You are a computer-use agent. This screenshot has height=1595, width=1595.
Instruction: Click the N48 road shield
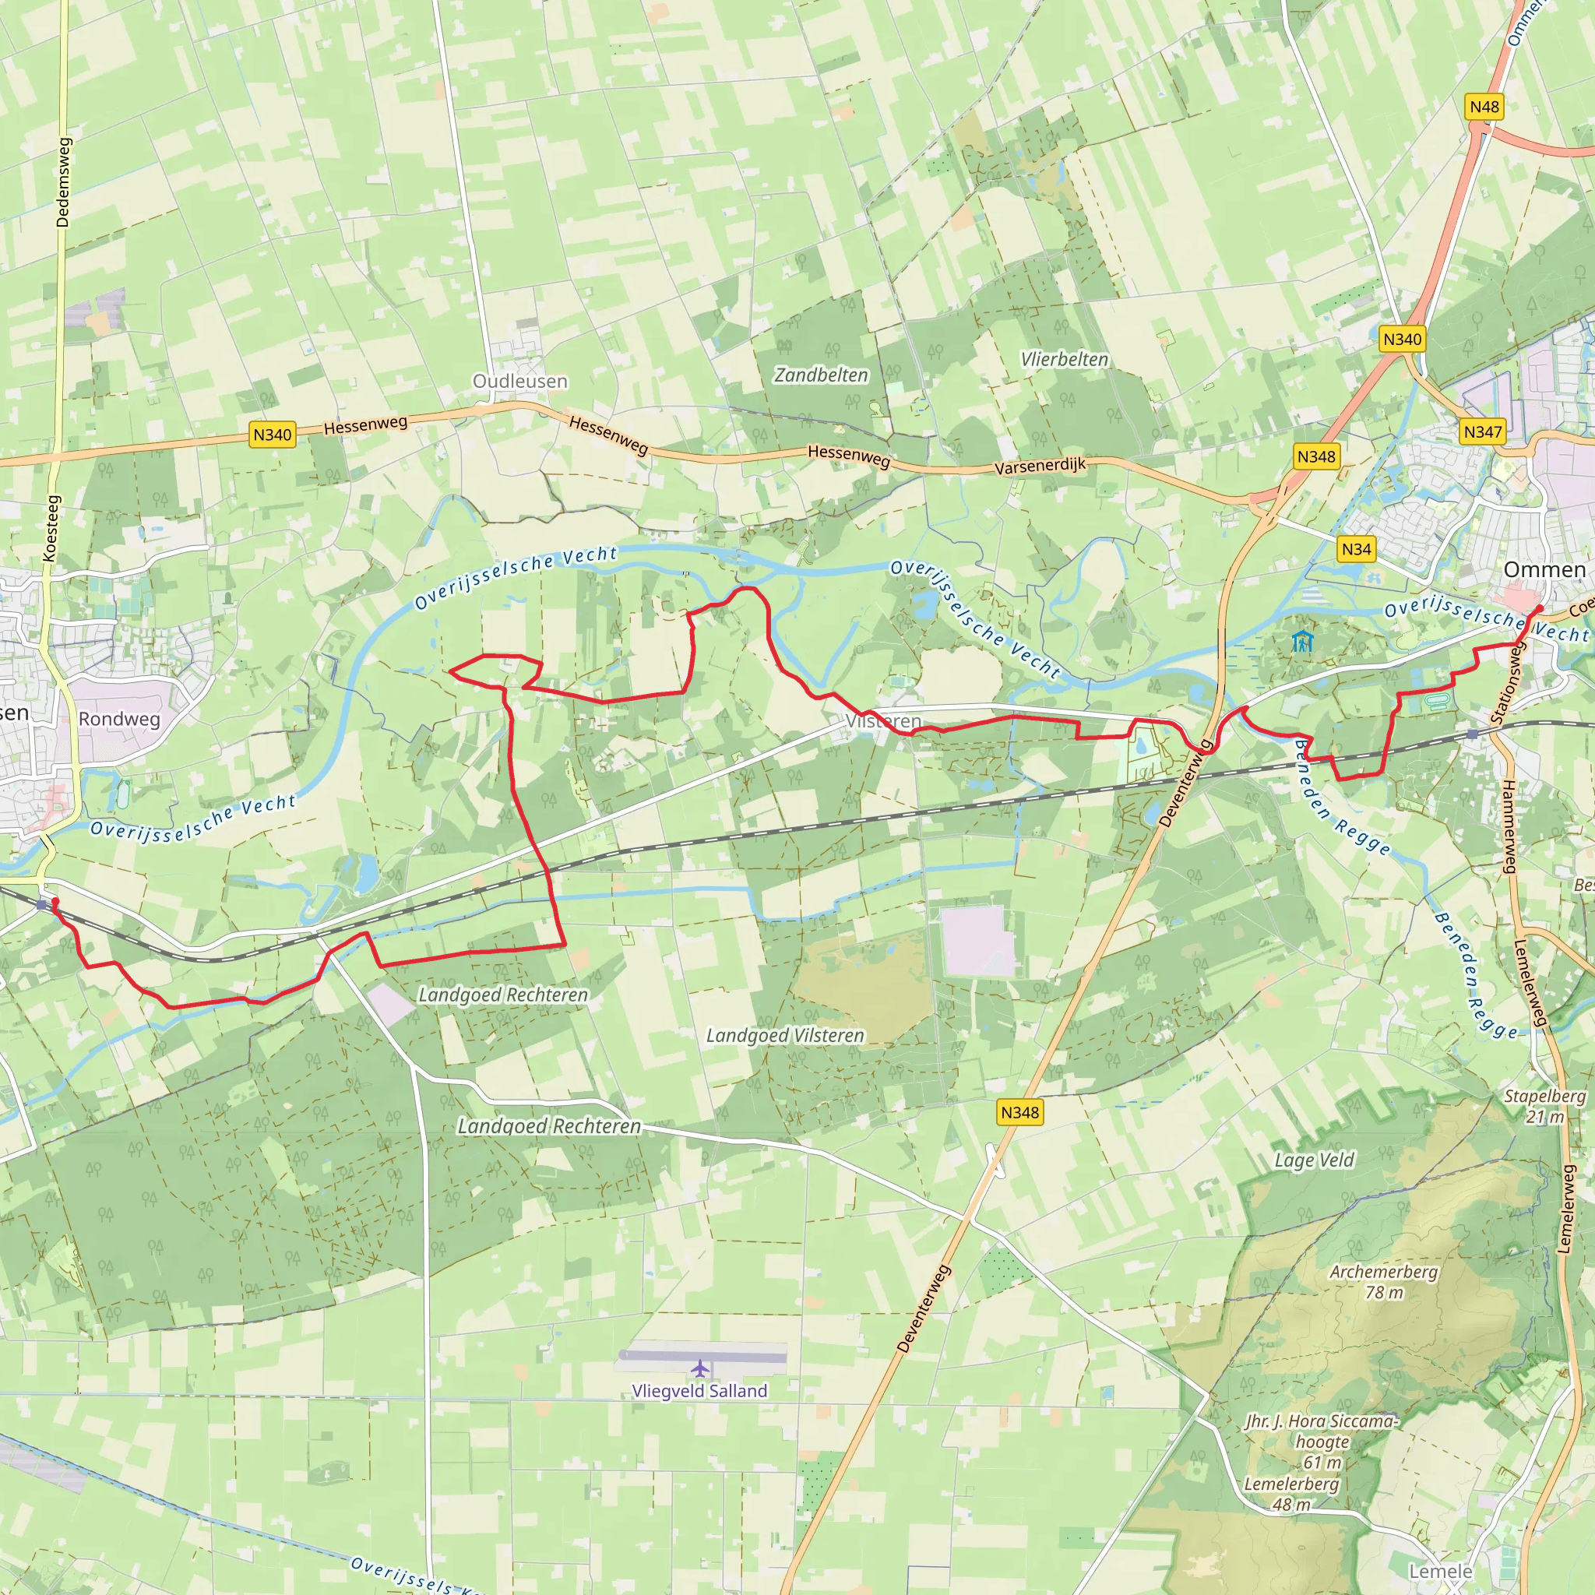pyautogui.click(x=1484, y=107)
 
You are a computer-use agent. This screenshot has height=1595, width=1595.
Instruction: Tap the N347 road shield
pyautogui.click(x=1483, y=431)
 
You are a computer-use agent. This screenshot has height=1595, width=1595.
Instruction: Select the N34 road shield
pyautogui.click(x=1357, y=549)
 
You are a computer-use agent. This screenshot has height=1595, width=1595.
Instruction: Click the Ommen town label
pyautogui.click(x=1544, y=569)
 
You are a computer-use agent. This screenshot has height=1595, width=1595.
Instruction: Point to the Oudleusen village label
pyautogui.click(x=519, y=381)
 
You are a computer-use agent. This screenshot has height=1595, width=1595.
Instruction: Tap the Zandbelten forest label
pyautogui.click(x=821, y=375)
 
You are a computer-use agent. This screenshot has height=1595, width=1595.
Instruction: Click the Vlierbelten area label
pyautogui.click(x=1064, y=359)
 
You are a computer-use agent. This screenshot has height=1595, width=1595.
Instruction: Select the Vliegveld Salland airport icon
pyautogui.click(x=700, y=1369)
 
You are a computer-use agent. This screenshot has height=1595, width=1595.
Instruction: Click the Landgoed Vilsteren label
pyautogui.click(x=785, y=1035)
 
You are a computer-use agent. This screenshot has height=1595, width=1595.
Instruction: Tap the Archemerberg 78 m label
pyautogui.click(x=1384, y=1281)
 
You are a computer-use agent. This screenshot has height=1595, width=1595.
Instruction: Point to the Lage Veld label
pyautogui.click(x=1315, y=1160)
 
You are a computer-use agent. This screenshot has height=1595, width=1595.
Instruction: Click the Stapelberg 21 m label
pyautogui.click(x=1544, y=1106)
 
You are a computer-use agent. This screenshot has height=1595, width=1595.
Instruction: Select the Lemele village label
pyautogui.click(x=1440, y=1571)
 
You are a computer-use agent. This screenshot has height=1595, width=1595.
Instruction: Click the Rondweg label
pyautogui.click(x=119, y=719)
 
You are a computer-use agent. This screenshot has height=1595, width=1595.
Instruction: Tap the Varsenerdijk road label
pyautogui.click(x=1040, y=466)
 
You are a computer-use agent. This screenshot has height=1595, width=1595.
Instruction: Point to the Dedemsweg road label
pyautogui.click(x=64, y=181)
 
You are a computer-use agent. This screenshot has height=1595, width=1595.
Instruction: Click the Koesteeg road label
pyautogui.click(x=51, y=528)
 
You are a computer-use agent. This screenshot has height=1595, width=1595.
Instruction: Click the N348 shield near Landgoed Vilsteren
pyautogui.click(x=1019, y=1112)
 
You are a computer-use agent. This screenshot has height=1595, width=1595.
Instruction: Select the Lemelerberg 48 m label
pyautogui.click(x=1291, y=1494)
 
